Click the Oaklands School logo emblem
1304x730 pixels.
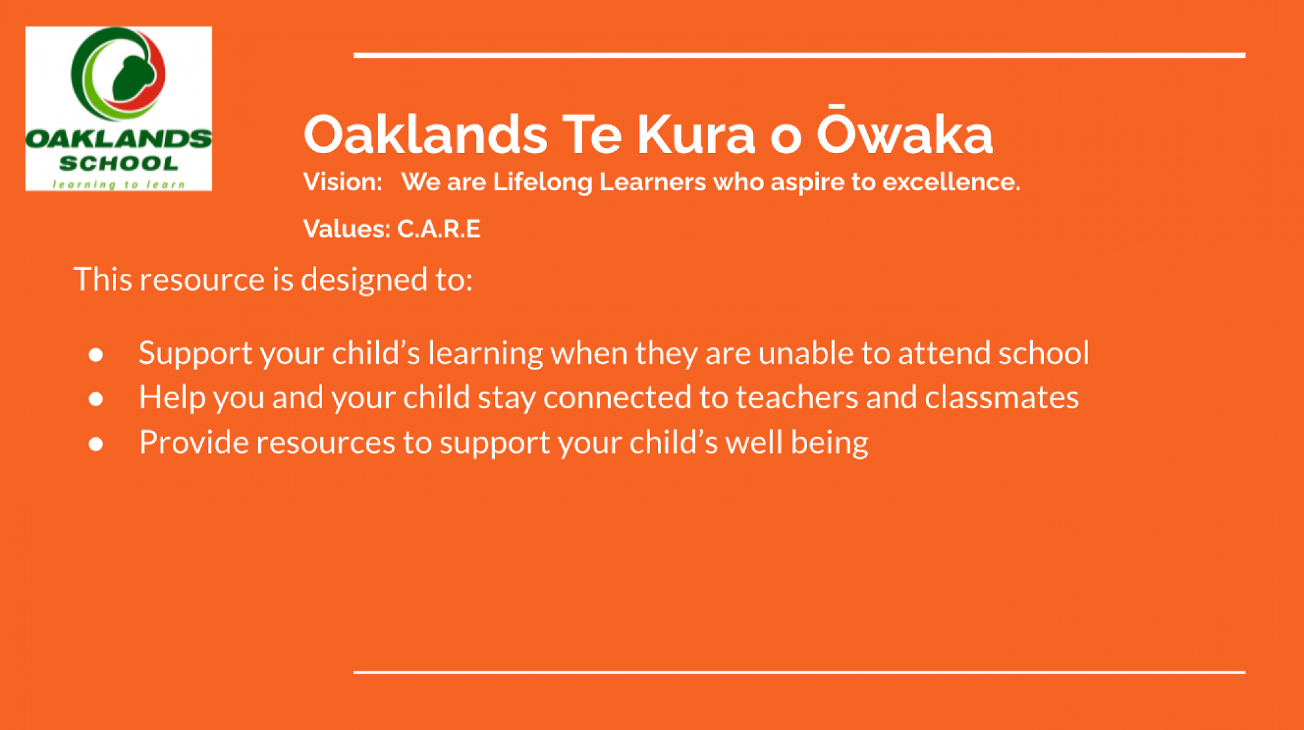[118, 74]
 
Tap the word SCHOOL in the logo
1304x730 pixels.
[119, 163]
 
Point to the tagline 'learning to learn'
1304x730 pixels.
[119, 184]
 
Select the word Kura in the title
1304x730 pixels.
[696, 134]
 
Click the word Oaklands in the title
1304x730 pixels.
[425, 134]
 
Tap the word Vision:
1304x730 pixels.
[343, 182]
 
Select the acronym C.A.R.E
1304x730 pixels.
[439, 229]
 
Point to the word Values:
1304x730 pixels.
[347, 229]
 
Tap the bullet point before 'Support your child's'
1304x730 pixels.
[96, 354]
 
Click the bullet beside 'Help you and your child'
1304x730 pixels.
[96, 398]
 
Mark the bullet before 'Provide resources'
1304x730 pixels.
[96, 444]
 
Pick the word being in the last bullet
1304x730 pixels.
[829, 443]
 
